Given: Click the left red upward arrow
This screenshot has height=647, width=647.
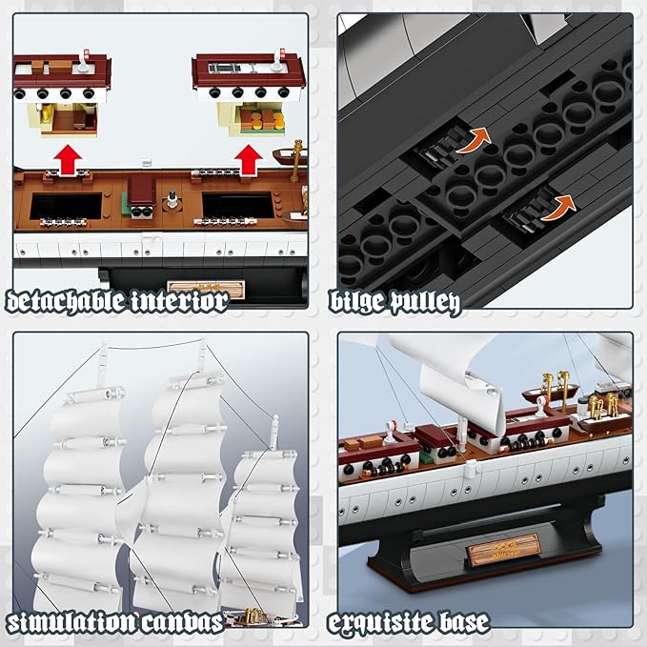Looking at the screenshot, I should (x=66, y=156).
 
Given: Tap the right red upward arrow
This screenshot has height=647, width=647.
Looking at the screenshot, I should (x=250, y=157).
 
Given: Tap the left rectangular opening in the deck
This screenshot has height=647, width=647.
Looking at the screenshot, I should (x=67, y=204).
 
